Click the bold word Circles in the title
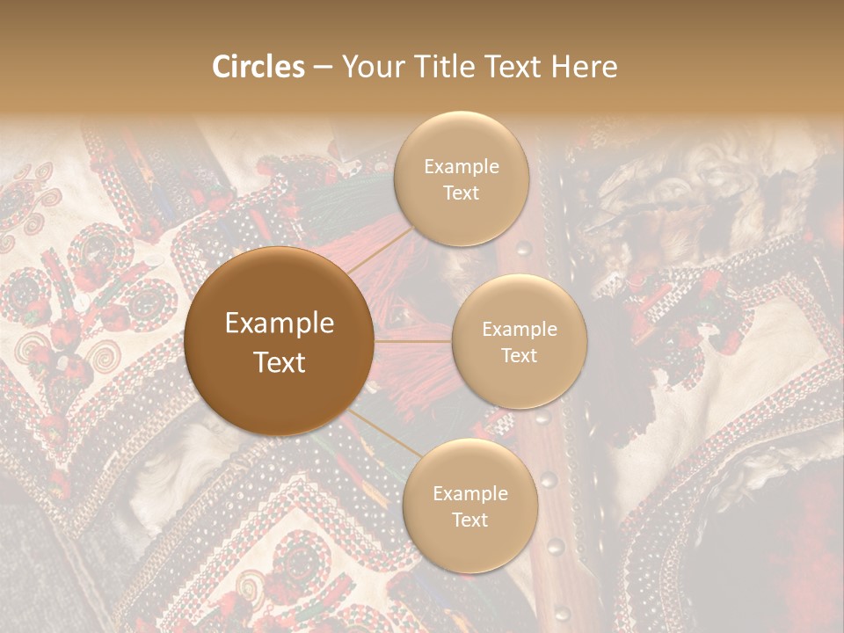point(258,67)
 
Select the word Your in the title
point(374,67)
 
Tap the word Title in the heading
point(442,67)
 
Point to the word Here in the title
point(585,67)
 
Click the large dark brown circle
point(280,341)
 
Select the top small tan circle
point(462,178)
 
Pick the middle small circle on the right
point(520,341)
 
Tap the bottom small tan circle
point(469,506)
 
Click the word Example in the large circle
point(280,324)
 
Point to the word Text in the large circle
point(280,362)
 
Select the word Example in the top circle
point(462,167)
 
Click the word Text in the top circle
point(462,193)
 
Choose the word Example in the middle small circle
point(520,330)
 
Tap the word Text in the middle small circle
point(520,355)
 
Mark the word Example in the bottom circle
point(469,494)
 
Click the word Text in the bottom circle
point(469,520)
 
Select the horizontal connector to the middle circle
point(413,341)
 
